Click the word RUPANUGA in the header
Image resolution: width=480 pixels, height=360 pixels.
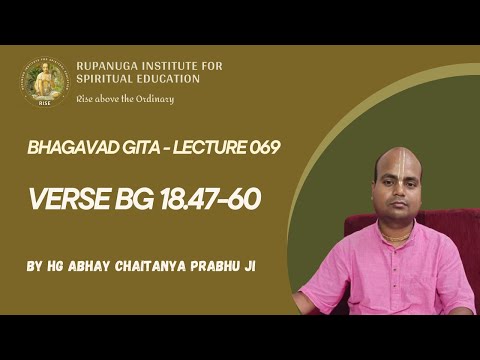109,67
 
